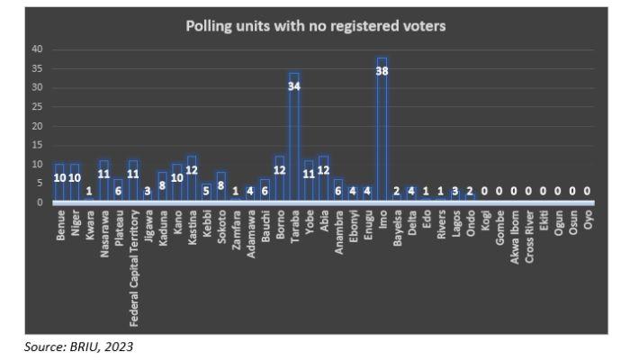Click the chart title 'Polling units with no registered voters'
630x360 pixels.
(315, 26)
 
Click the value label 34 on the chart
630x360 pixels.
(294, 86)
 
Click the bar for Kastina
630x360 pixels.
(191, 180)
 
